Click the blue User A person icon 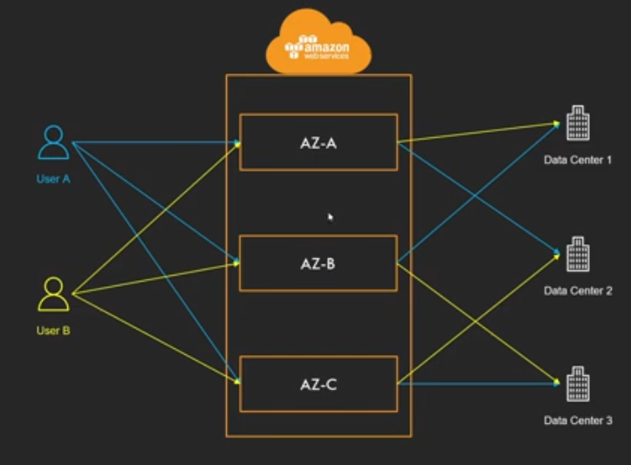coord(53,142)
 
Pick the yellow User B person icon coord(53,294)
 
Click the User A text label coord(53,179)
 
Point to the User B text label coord(53,331)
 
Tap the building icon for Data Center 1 coord(579,123)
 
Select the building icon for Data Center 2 coord(579,254)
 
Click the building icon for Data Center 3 coord(579,384)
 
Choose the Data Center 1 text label coord(578,161)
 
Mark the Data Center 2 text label coord(578,291)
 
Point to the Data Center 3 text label coord(578,421)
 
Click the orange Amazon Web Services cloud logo coord(319,42)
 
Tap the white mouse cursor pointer coord(331,217)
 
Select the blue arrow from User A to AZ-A coord(156,142)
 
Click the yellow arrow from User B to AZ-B coord(156,278)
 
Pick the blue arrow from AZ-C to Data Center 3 coord(479,384)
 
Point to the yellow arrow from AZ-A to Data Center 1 coord(479,133)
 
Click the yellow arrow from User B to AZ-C coord(156,338)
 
